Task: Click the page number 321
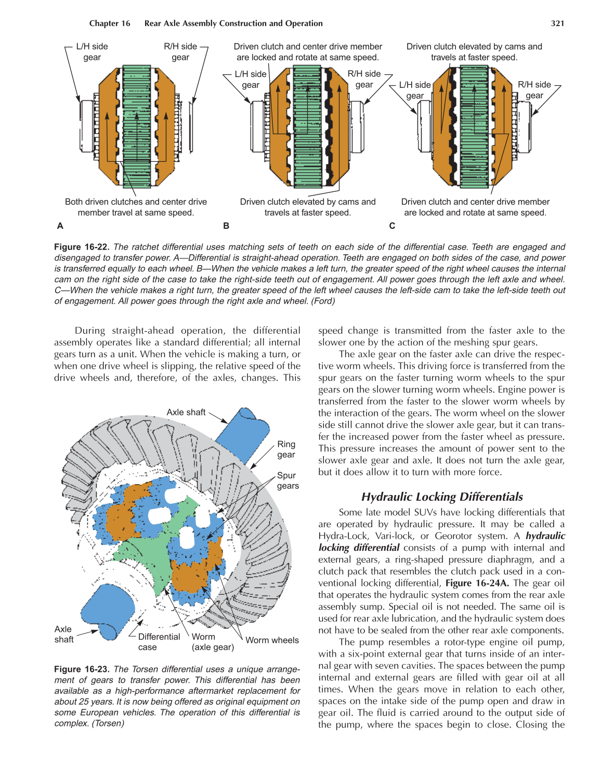point(557,23)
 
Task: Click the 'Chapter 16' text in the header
point(110,23)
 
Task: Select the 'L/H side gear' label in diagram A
point(92,52)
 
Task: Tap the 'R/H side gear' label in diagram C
point(534,90)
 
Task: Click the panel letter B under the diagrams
point(226,226)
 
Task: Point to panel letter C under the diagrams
point(392,226)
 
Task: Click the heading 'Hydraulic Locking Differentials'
point(442,497)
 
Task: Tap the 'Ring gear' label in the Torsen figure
point(286,449)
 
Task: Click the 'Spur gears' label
point(288,480)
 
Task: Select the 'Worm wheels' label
point(272,640)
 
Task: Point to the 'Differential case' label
point(158,642)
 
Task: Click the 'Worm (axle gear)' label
point(212,642)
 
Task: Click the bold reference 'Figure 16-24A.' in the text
point(477,583)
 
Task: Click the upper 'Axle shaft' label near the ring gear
point(186,412)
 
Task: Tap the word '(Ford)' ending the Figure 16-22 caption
point(323,301)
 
